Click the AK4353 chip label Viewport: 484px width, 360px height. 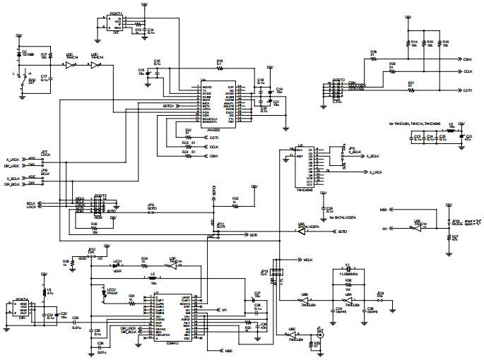click(211, 130)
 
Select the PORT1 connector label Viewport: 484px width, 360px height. click(115, 13)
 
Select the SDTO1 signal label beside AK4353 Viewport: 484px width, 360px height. click(168, 106)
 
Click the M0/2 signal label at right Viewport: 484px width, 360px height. click(384, 210)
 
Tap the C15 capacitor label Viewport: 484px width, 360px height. click(141, 70)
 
